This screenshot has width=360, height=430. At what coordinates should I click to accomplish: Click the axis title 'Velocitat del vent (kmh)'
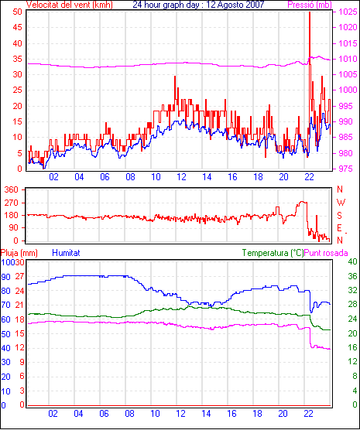click(x=69, y=5)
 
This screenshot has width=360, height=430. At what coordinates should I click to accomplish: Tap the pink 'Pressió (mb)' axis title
click(x=310, y=5)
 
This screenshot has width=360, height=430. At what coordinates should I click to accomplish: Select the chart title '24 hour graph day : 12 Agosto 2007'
click(x=198, y=4)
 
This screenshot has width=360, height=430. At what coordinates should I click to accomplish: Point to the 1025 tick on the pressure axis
click(x=348, y=12)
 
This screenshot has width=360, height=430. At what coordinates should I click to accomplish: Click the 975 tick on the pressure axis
click(x=348, y=169)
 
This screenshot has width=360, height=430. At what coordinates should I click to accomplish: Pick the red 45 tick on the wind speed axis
click(x=17, y=27)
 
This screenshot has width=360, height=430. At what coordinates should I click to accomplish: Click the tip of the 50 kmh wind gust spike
click(x=310, y=12)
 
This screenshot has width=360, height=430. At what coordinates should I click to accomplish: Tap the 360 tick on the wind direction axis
click(x=12, y=189)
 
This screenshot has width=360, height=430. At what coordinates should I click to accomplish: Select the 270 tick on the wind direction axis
click(x=12, y=203)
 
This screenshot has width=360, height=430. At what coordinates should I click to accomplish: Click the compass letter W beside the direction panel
click(x=341, y=203)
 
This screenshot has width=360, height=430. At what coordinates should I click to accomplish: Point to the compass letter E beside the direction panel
click(x=339, y=228)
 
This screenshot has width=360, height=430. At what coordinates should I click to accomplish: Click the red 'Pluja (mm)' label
click(x=19, y=253)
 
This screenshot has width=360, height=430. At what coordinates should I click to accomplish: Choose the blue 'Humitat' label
click(x=66, y=253)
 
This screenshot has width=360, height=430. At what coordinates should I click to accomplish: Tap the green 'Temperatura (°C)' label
click(x=273, y=253)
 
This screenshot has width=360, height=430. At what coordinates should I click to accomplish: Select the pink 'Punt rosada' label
click(x=326, y=253)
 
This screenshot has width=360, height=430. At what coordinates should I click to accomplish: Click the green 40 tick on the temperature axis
click(x=352, y=261)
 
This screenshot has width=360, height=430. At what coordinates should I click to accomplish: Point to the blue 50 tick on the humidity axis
click(x=5, y=334)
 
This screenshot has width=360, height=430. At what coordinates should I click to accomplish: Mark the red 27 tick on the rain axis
click(x=19, y=276)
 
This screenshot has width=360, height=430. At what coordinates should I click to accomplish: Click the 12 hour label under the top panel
click(x=181, y=177)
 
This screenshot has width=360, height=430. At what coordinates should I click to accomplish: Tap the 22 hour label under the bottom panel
click(x=308, y=413)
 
